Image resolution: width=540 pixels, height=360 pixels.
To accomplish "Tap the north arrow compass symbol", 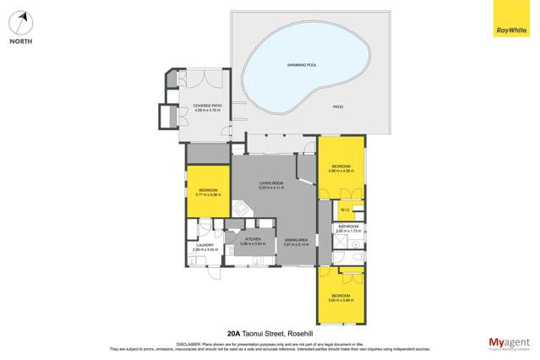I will tap(20, 22).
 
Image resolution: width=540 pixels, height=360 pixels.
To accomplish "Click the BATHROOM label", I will tap(348, 226).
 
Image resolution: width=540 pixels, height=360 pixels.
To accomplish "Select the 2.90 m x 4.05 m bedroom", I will tap(341, 167).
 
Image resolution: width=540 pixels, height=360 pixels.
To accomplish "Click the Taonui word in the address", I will tap(256, 333).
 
